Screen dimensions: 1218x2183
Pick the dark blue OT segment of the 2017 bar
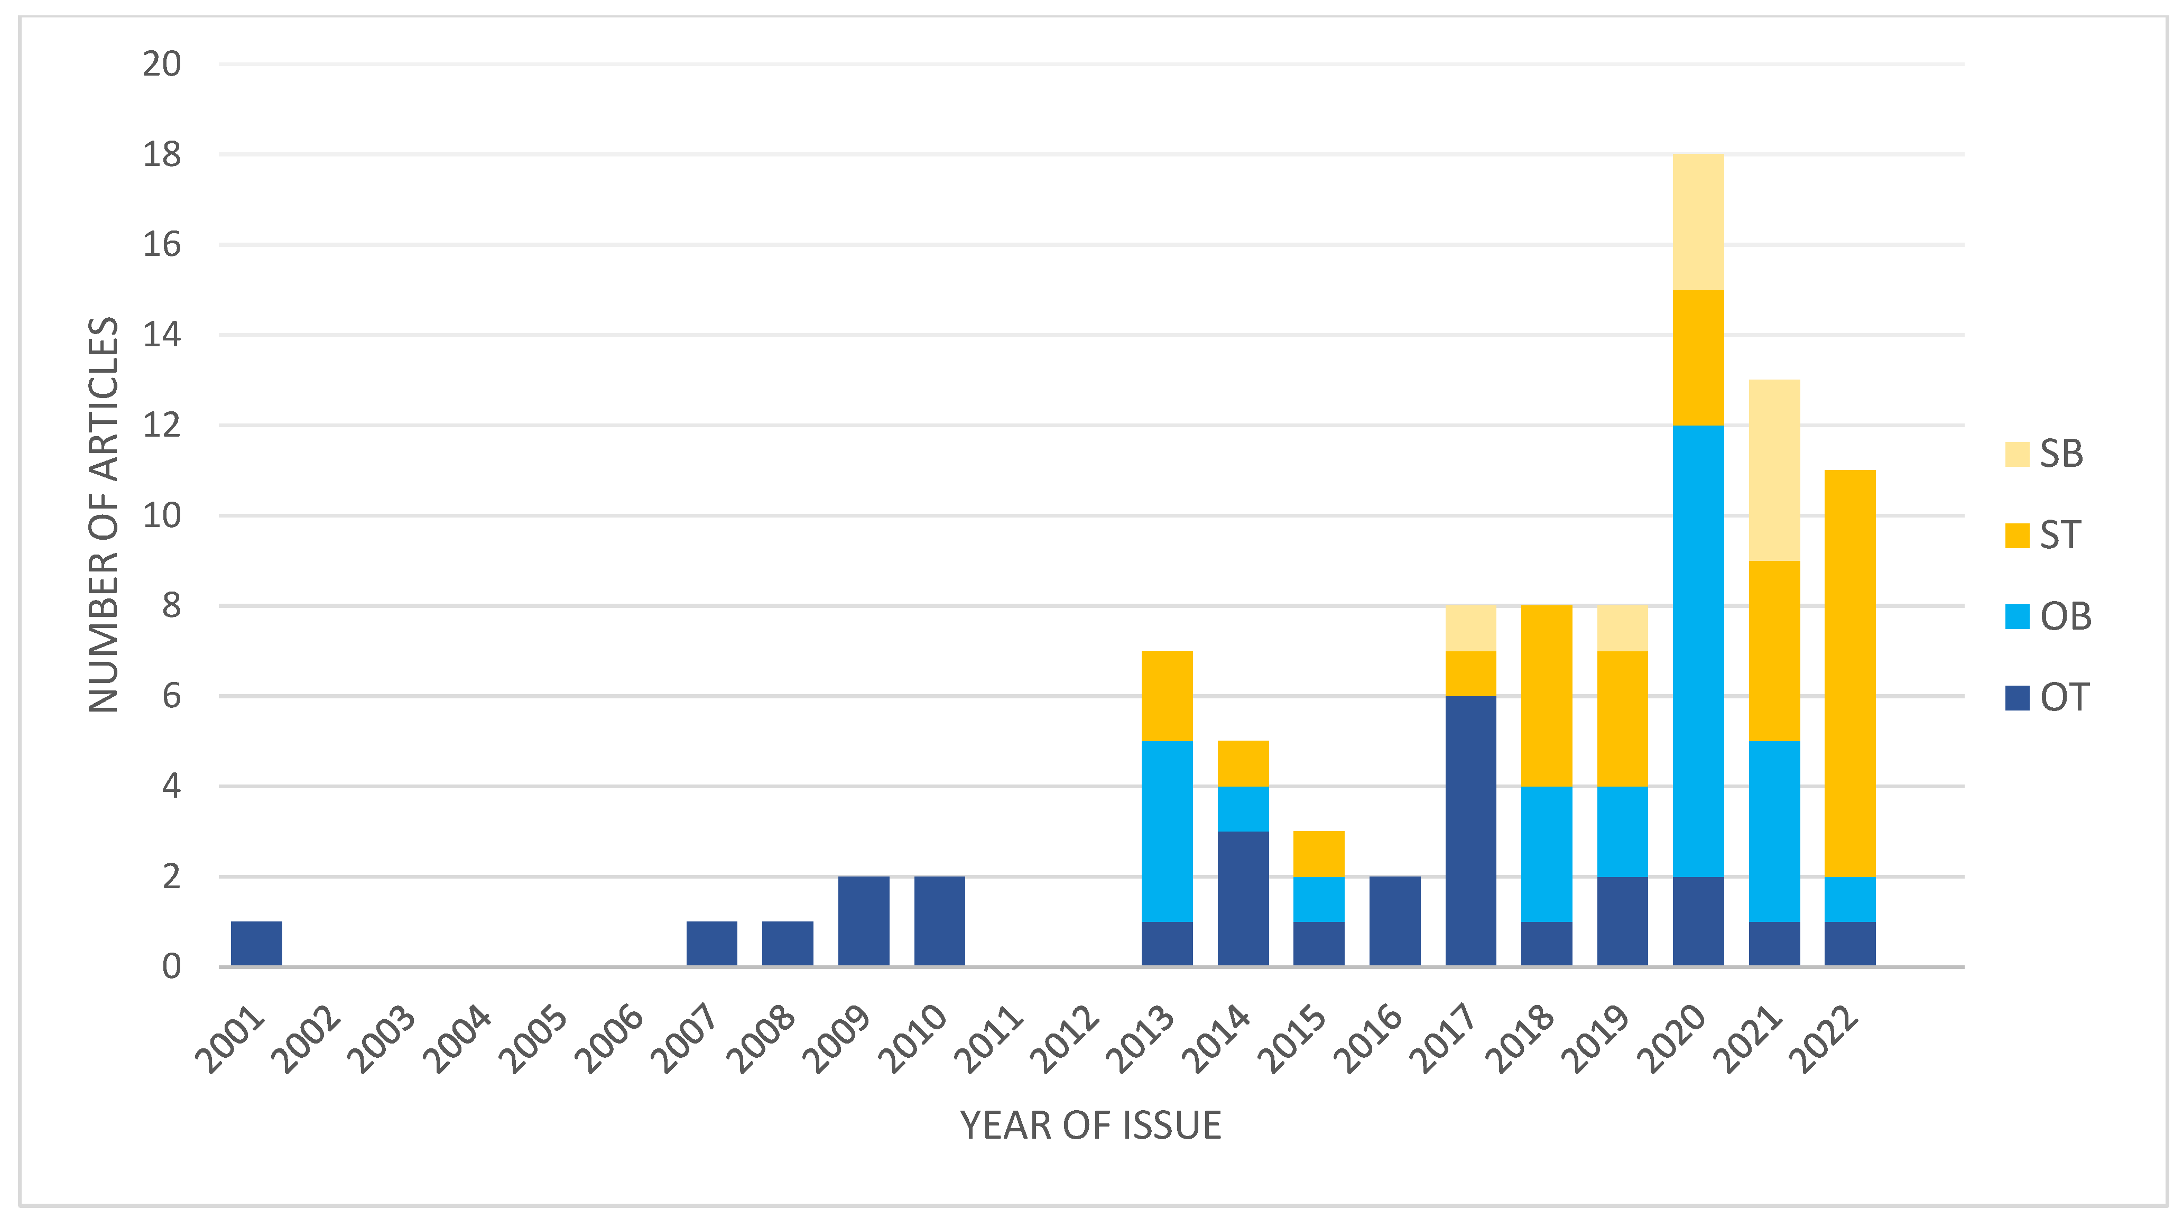pyautogui.click(x=1470, y=831)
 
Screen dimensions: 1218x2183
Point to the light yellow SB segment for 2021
pyautogui.click(x=1774, y=470)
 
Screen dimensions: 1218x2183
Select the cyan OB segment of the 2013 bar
pyautogui.click(x=1167, y=831)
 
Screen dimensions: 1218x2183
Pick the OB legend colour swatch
pyautogui.click(x=2017, y=616)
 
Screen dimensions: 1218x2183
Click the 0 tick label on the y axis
pyautogui.click(x=171, y=966)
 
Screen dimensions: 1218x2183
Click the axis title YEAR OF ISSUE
pyautogui.click(x=1090, y=1125)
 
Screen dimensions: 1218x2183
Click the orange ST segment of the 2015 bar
pyautogui.click(x=1319, y=854)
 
